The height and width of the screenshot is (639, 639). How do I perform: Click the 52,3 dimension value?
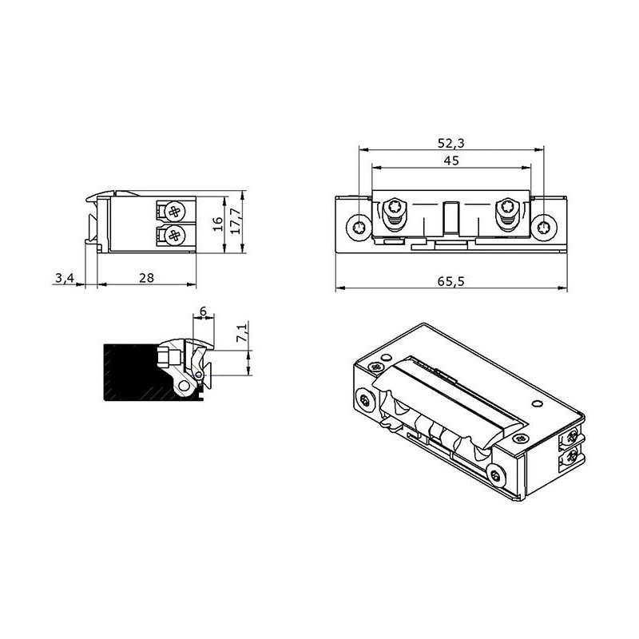450,143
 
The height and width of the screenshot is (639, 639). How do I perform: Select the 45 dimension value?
451,161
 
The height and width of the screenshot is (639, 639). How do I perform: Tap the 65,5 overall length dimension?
451,281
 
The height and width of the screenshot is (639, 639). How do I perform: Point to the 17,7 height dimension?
236,220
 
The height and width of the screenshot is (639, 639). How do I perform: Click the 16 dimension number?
218,224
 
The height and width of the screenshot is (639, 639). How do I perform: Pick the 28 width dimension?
147,277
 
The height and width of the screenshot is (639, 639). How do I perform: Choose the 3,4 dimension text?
65,278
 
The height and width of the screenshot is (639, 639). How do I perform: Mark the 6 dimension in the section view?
203,312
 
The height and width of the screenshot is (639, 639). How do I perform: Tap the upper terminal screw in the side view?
175,211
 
